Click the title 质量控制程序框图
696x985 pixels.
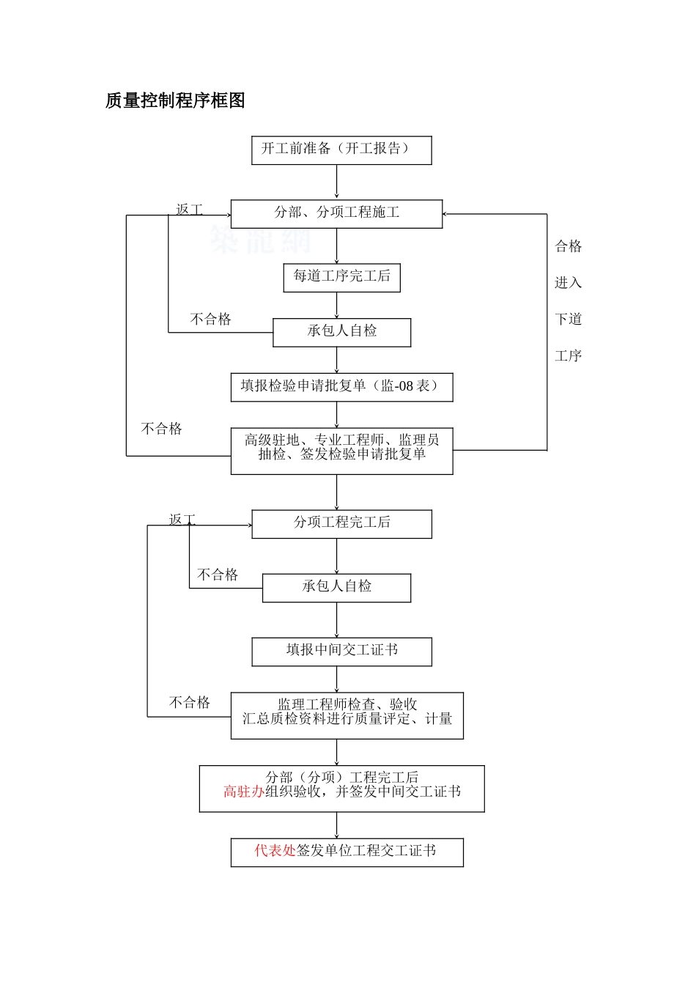[175, 100]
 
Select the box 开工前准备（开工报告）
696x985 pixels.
[341, 150]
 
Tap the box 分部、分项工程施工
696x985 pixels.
[336, 213]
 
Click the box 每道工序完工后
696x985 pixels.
[341, 277]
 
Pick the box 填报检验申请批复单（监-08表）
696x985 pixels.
[341, 386]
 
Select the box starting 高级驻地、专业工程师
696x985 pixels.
[341, 450]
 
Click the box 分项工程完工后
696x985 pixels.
[341, 523]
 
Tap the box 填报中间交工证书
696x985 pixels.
[341, 651]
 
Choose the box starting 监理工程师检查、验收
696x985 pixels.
[347, 715]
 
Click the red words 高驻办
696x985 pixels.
[243, 792]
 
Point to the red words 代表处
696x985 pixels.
[275, 850]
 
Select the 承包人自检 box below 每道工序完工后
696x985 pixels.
[341, 331]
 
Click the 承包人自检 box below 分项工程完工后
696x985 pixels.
[336, 587]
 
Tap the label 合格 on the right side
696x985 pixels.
[568, 246]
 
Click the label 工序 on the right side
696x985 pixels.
[568, 356]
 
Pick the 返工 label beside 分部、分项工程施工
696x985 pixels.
[189, 210]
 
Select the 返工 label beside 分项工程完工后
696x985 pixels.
[182, 520]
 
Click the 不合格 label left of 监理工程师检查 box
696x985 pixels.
[190, 702]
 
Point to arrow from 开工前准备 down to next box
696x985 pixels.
[337, 181]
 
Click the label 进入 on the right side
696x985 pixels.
[568, 283]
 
